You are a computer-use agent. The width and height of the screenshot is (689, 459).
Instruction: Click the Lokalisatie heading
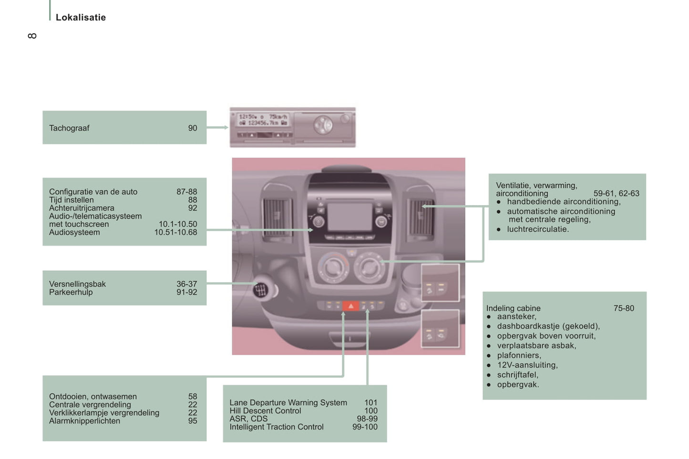tap(81, 18)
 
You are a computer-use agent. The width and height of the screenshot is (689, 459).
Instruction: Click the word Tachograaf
tap(69, 128)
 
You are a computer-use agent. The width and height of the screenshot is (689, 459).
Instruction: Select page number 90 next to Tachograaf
tap(192, 128)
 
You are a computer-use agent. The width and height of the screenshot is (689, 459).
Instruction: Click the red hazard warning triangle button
tap(350, 306)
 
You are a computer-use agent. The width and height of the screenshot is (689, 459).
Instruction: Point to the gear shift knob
tap(260, 289)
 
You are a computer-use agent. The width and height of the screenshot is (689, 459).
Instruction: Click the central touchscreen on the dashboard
tap(350, 217)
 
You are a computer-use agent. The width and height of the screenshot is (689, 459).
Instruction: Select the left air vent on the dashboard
tap(277, 218)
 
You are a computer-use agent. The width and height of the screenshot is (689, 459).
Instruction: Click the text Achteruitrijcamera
tap(82, 208)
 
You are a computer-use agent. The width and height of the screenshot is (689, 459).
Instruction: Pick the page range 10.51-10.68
tap(175, 232)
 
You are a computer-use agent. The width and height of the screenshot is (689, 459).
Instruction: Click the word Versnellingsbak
tap(77, 284)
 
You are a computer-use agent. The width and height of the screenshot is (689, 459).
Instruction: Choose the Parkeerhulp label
tap(71, 292)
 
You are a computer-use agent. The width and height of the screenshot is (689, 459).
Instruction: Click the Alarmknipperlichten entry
tap(84, 421)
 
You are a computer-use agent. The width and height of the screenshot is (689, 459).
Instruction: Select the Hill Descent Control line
tap(265, 411)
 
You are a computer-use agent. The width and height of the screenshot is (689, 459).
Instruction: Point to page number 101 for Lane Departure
tap(370, 403)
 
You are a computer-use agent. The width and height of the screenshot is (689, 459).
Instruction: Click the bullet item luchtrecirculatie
tap(537, 229)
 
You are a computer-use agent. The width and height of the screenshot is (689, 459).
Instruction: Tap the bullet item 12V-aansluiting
tap(527, 365)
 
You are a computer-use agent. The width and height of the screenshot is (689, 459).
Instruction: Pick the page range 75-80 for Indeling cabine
tap(624, 309)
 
